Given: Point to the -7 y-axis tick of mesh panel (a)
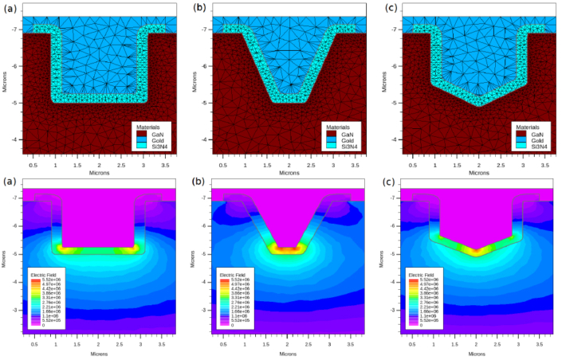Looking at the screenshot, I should pyautogui.click(x=17, y=29).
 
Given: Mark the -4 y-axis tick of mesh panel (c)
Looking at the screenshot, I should pyautogui.click(x=393, y=139).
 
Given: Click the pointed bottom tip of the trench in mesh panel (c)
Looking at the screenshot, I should pyautogui.click(x=478, y=105).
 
